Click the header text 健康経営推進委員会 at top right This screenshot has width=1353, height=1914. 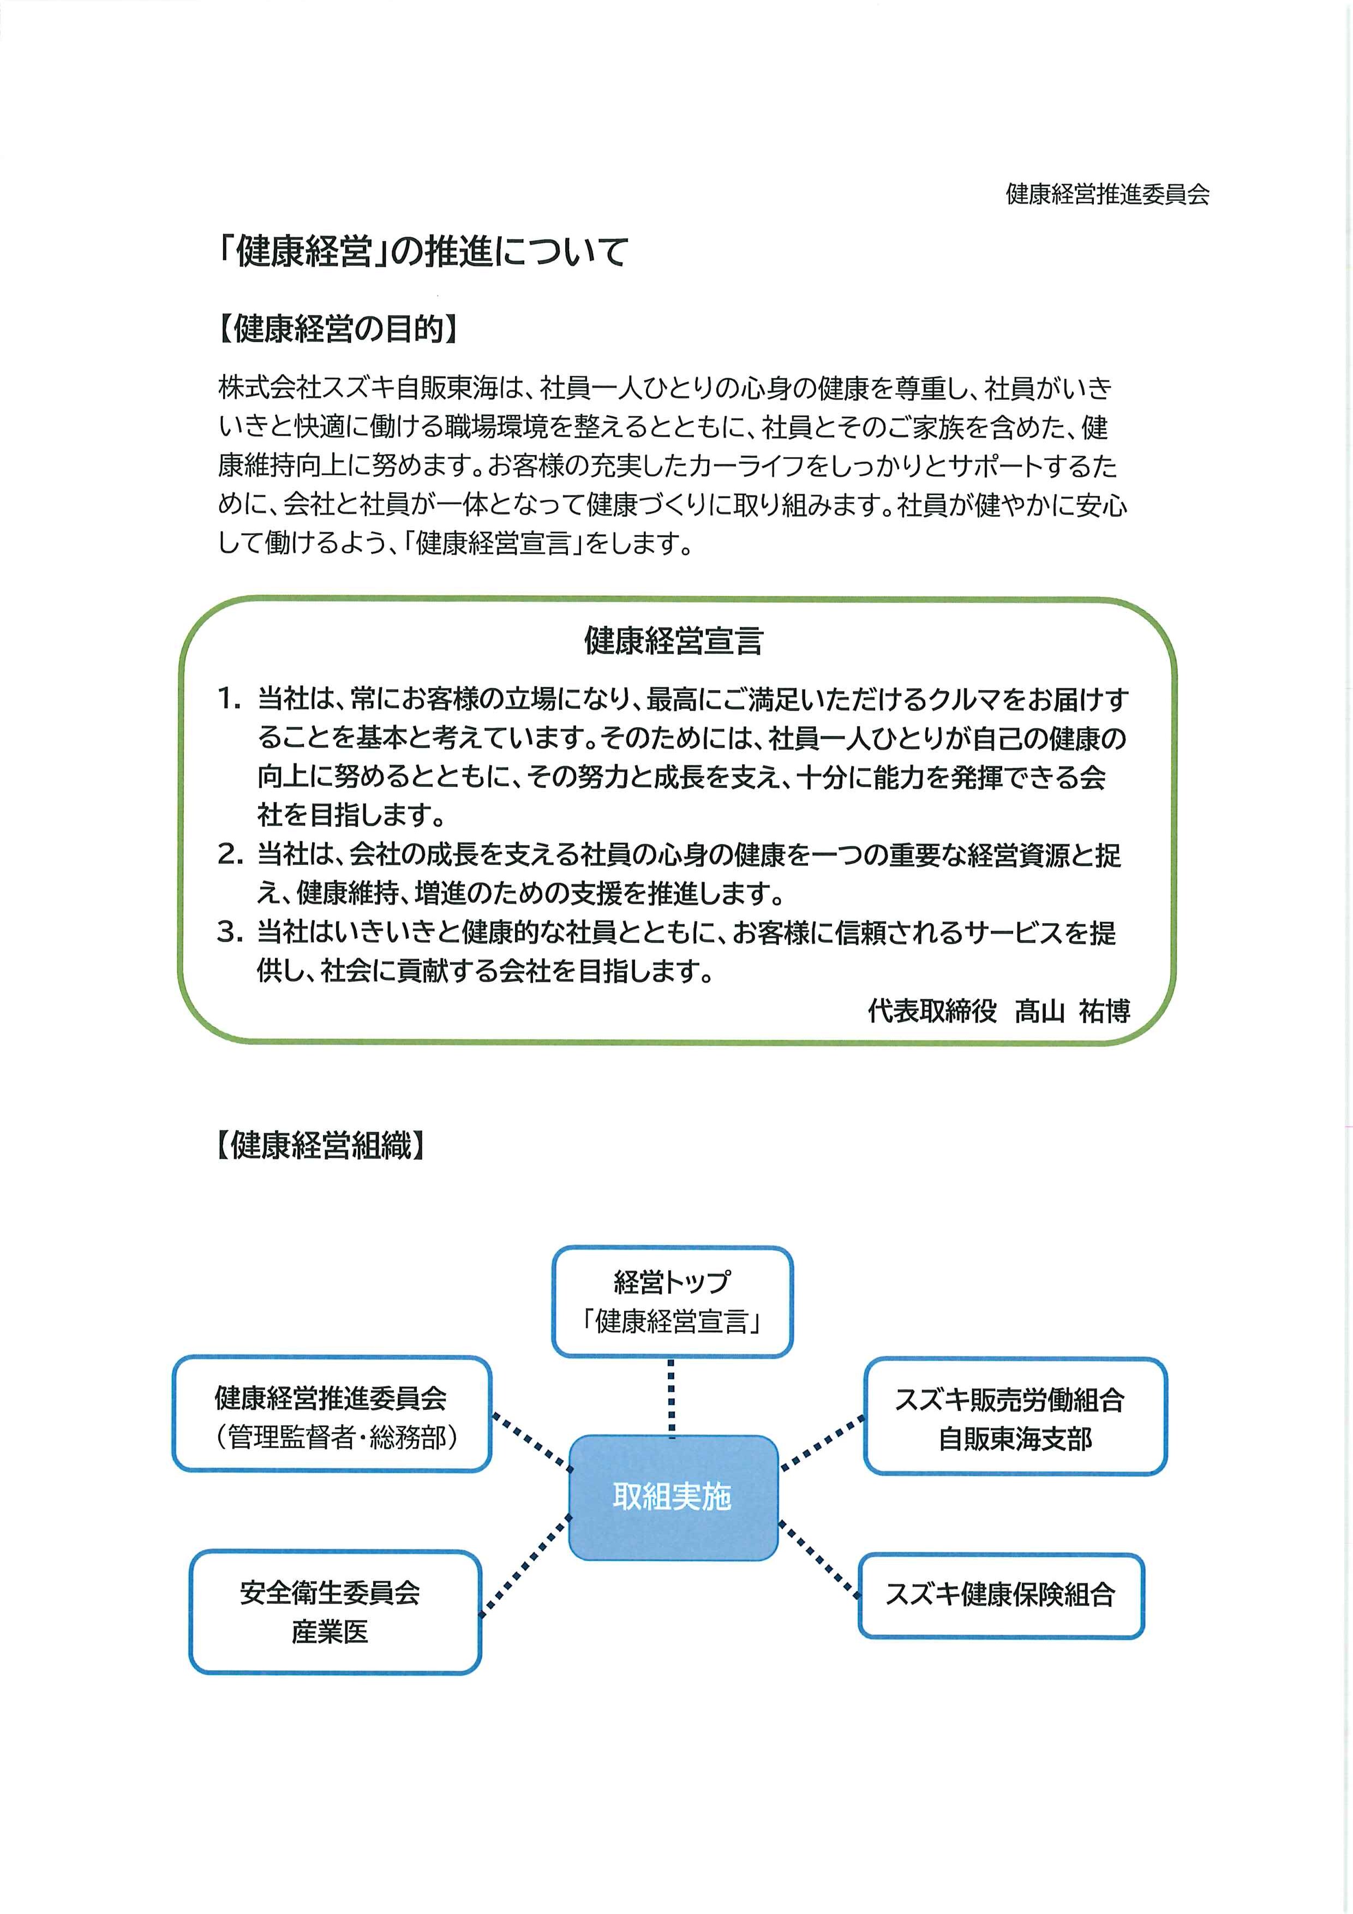1107,194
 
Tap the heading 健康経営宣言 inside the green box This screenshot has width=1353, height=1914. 674,640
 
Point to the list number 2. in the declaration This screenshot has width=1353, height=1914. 230,854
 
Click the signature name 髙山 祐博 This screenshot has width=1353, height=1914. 1072,1010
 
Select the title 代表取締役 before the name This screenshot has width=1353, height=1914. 932,1010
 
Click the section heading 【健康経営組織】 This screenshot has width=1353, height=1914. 320,1145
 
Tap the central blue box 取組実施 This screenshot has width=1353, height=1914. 672,1497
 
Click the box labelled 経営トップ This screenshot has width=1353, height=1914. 672,1300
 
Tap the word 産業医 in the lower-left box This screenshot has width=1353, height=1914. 330,1631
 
